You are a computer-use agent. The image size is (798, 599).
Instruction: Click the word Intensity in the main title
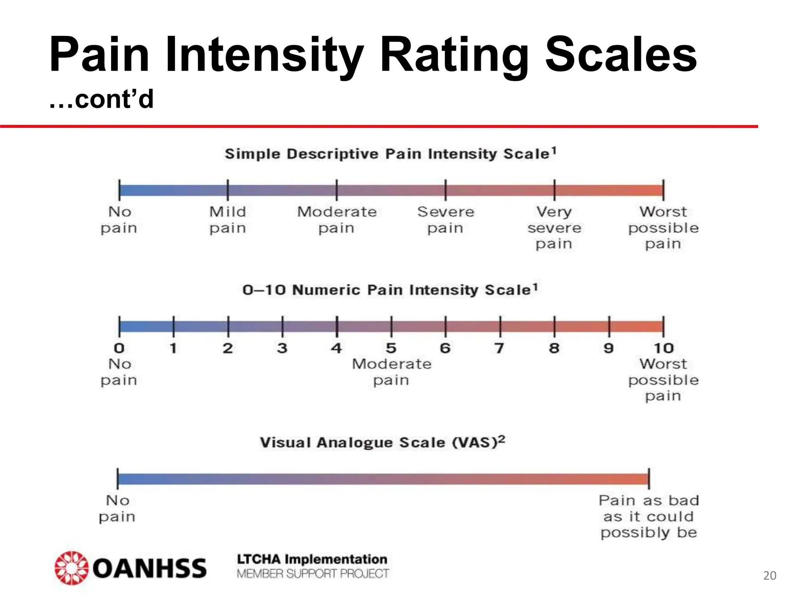click(x=265, y=55)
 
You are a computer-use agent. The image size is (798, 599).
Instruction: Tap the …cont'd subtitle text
click(x=101, y=99)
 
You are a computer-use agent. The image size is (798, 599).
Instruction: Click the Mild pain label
click(x=228, y=220)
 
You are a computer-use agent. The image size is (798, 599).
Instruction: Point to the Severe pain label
click(x=445, y=220)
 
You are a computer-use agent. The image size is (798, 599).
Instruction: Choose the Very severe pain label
click(x=554, y=228)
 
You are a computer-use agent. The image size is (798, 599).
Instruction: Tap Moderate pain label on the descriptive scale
click(x=337, y=220)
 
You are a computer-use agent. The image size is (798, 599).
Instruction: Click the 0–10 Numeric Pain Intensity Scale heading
click(x=390, y=290)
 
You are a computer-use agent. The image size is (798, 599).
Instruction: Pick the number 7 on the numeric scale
click(x=499, y=348)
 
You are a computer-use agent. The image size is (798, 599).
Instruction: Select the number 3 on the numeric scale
click(x=282, y=348)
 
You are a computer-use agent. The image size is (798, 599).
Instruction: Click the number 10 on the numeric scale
click(x=663, y=348)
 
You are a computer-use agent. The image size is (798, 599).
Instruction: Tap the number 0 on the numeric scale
click(x=119, y=348)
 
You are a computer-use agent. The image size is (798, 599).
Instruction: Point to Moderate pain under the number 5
click(x=392, y=372)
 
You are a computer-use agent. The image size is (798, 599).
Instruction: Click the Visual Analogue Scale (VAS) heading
click(x=382, y=442)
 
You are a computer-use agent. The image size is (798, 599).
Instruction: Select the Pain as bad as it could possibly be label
click(x=648, y=516)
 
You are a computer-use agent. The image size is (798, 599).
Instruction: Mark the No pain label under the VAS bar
click(x=117, y=508)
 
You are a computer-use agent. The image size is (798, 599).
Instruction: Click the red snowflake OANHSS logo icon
click(x=71, y=568)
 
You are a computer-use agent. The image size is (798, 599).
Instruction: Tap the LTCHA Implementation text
click(x=312, y=559)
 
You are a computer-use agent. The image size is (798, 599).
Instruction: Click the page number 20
click(x=770, y=576)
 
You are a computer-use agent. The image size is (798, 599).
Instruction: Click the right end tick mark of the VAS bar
click(x=649, y=478)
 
